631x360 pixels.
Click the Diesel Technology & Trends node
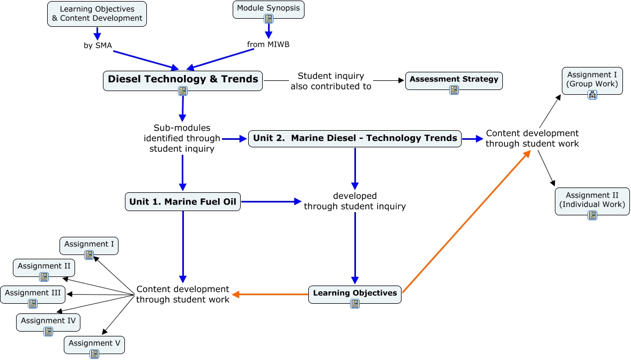183,79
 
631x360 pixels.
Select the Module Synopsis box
269,9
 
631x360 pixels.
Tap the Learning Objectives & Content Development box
97,13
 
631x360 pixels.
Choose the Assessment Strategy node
454,79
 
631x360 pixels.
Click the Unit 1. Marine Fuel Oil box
183,202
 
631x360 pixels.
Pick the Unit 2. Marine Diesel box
355,138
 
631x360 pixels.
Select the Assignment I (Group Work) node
592,79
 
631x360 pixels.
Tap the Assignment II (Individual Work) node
592,200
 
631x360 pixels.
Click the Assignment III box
33,293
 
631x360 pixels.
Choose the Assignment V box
94,343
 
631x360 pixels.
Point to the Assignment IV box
48,321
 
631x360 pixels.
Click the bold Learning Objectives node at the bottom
354,293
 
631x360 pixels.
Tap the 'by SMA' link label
98,46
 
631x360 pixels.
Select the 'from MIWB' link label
268,44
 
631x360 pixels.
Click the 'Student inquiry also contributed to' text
331,81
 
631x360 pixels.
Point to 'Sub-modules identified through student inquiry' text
182,138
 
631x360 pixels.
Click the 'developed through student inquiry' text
354,201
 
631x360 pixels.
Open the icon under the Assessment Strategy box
454,90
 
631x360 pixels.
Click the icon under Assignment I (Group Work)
592,95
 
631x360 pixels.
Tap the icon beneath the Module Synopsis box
269,19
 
